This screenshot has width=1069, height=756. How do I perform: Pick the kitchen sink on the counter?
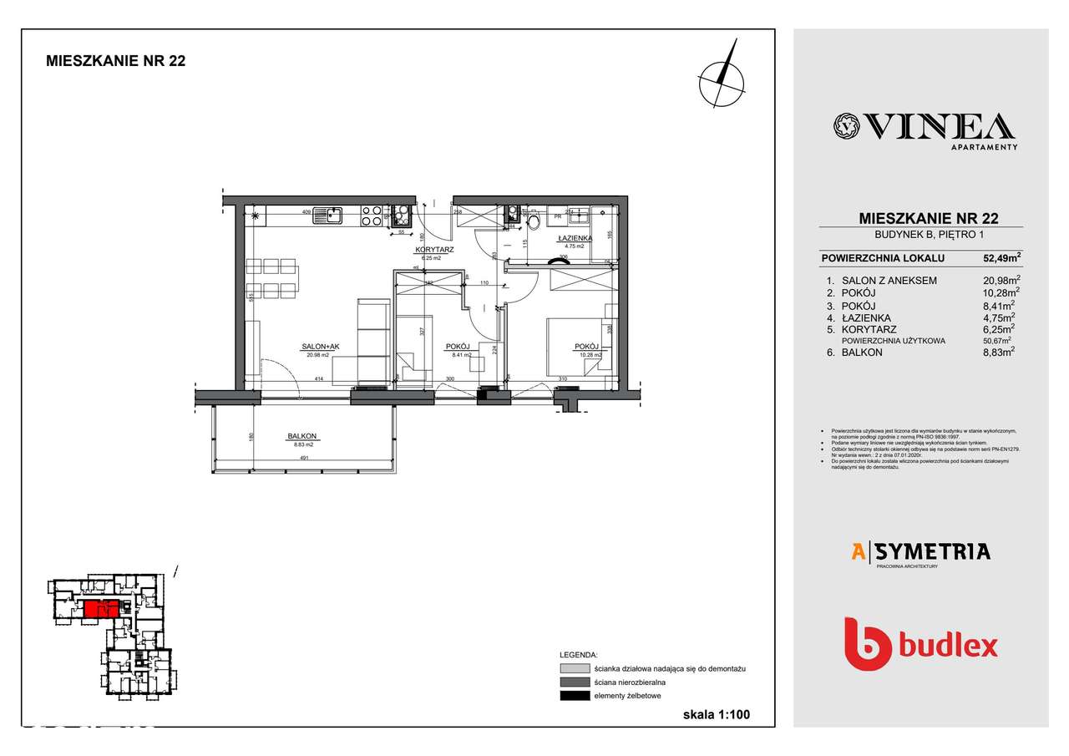tap(327, 216)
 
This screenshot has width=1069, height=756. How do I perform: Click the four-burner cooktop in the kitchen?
tap(371, 216)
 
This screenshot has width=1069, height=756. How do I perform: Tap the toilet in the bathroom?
tap(534, 220)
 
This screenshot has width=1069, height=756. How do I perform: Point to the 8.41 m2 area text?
tap(460, 355)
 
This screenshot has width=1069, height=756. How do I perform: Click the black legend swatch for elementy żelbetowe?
tap(575, 696)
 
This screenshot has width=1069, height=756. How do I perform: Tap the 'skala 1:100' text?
tap(716, 715)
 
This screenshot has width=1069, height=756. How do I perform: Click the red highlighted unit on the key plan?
tap(97, 608)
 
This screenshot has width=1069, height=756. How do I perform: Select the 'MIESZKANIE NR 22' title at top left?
tap(115, 60)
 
